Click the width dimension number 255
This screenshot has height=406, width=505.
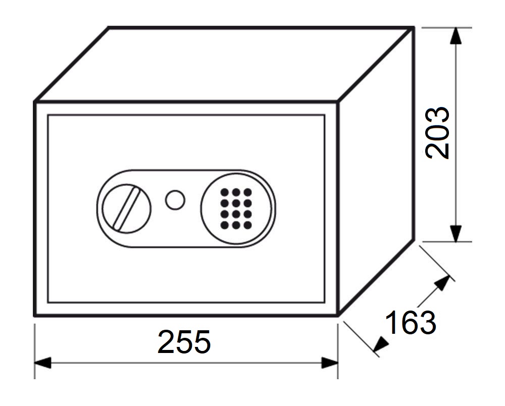184,342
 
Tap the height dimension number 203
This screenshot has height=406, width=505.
437,133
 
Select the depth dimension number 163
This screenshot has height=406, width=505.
410,323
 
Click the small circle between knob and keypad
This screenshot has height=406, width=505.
175,199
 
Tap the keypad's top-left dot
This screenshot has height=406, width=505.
224,192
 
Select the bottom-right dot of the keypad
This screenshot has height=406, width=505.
247,224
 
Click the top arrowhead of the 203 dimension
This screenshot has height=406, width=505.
456,35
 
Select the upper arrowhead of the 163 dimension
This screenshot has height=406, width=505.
443,282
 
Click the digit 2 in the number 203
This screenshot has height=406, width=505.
437,149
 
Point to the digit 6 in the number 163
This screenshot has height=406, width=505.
410,323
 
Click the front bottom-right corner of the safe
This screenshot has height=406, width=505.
337,316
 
